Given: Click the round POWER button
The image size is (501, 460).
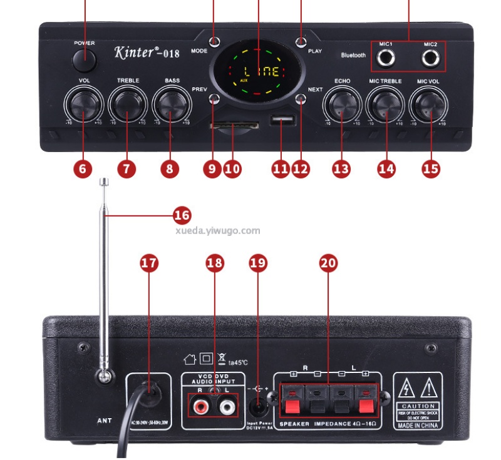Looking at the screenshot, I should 84,60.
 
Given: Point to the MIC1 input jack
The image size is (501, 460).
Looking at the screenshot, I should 387,59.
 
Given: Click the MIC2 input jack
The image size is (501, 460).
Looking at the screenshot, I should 430,59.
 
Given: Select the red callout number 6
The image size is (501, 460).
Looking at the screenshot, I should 83,168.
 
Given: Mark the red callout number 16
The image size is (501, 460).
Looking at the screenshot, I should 182,216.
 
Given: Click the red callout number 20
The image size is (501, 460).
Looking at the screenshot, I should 328,263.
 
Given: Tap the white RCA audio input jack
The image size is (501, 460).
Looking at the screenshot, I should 227,407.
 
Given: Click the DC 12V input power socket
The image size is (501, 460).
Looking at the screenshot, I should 259,407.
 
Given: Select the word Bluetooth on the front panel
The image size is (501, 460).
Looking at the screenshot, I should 353,55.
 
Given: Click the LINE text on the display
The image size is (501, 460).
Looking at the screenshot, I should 261,71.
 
